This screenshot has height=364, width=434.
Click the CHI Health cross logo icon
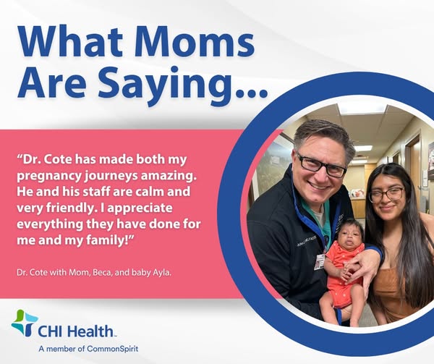[25, 323]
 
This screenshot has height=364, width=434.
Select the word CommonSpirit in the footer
[112, 349]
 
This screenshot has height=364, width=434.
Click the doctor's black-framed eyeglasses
[320, 165]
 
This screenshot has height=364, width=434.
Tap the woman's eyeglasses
[387, 194]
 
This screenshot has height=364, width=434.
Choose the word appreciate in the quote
[140, 208]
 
